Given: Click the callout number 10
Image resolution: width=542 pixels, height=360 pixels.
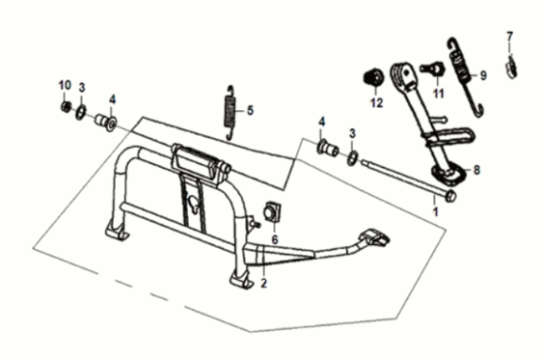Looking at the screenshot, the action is coord(65,85).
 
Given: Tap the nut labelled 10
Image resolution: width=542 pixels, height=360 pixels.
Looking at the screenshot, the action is coord(65,106).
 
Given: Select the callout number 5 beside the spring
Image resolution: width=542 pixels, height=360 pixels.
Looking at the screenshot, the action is coord(250,111).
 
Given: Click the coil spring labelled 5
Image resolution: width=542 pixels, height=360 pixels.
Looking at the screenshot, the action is coord(230,113).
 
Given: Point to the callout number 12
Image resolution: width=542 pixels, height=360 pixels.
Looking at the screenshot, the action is coord(376,102).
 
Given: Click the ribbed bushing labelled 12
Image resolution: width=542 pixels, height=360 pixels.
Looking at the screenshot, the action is coord(373,78).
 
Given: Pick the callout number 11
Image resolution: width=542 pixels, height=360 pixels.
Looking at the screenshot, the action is coord(438,94).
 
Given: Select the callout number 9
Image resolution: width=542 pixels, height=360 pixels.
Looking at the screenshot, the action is coord(483,75).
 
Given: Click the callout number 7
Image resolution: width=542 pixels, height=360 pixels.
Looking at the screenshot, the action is coord(510,37).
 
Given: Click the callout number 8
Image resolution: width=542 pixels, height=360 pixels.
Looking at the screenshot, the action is coord(476,170).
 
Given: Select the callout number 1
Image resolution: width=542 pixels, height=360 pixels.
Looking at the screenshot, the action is coord(436,211).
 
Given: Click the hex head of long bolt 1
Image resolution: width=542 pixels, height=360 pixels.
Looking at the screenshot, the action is coord(450,196).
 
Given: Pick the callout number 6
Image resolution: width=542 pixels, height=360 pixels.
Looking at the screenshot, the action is coord(275,239).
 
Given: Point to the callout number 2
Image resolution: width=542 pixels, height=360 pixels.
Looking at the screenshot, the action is coord(263,283).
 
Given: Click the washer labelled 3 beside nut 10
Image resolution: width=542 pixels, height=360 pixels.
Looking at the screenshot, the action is coord(81,112).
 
